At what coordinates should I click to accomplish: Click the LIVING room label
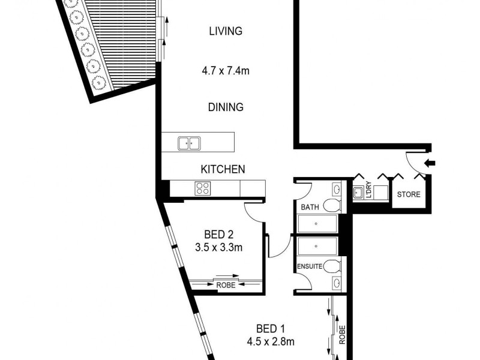pyautogui.click(x=226, y=31)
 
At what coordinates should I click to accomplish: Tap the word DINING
pyautogui.click(x=226, y=107)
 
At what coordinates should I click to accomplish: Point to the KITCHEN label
pyautogui.click(x=223, y=169)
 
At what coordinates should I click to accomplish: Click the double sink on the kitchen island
pyautogui.click(x=189, y=143)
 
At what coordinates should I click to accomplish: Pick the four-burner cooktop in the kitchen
pyautogui.click(x=201, y=188)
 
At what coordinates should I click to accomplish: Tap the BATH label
pyautogui.click(x=310, y=208)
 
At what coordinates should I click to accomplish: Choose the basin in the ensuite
pyautogui.click(x=336, y=283)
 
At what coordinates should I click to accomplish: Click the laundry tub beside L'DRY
pyautogui.click(x=358, y=193)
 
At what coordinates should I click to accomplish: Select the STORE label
pyautogui.click(x=409, y=194)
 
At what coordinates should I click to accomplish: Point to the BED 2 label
pyautogui.click(x=218, y=233)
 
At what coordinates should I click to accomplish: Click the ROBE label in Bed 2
pyautogui.click(x=225, y=286)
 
